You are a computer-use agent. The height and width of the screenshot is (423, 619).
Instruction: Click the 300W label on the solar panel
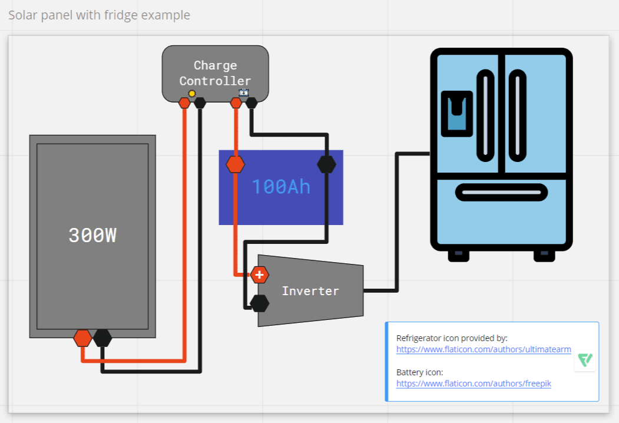coord(92,235)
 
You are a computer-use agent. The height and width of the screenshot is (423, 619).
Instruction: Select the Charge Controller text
coord(215,73)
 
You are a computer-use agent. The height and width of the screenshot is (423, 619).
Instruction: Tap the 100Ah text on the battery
coord(281,187)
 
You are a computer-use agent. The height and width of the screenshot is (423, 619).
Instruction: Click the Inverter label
coord(310,291)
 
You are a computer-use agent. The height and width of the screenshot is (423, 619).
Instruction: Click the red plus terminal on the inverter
coord(259,275)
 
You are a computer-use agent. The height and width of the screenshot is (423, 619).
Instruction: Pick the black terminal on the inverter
coord(259,303)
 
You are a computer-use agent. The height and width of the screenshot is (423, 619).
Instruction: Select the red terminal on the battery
coord(235,164)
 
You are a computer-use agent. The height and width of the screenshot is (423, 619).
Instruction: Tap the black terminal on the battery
coord(326,164)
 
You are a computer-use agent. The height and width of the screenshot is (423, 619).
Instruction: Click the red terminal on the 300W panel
coord(82,338)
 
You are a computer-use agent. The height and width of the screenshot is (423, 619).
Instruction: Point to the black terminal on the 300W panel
coord(102,338)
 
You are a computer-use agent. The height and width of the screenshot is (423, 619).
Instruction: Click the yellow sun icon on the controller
coord(192,93)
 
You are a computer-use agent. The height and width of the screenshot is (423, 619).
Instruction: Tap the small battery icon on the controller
coord(244,92)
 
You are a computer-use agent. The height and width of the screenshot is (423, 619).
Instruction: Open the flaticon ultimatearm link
coord(484,349)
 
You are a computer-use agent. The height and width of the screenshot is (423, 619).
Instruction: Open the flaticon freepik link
coord(474,384)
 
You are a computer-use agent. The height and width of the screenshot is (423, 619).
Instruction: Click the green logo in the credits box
coord(585,360)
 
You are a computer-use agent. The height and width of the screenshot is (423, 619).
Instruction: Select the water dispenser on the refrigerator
coord(457,114)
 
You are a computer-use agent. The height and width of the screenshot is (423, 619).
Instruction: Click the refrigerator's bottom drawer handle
coord(501,192)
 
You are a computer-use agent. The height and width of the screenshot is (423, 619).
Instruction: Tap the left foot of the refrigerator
coord(459,256)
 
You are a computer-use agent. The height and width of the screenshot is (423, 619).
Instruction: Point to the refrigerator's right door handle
coord(517,115)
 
